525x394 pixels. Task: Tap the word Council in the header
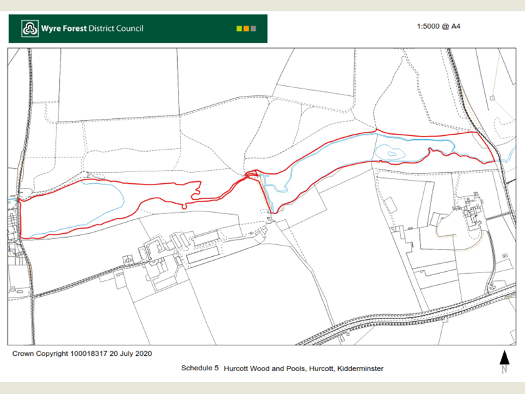(127, 28)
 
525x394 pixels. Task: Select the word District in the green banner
(93, 28)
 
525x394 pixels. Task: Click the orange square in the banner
(246, 29)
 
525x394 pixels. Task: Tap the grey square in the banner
(253, 29)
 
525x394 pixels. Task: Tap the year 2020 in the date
(142, 354)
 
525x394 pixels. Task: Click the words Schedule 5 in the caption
(199, 368)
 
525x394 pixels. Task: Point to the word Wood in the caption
(259, 368)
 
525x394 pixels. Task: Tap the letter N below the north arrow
(505, 370)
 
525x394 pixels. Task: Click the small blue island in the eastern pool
(393, 154)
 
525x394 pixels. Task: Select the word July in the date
(124, 354)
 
